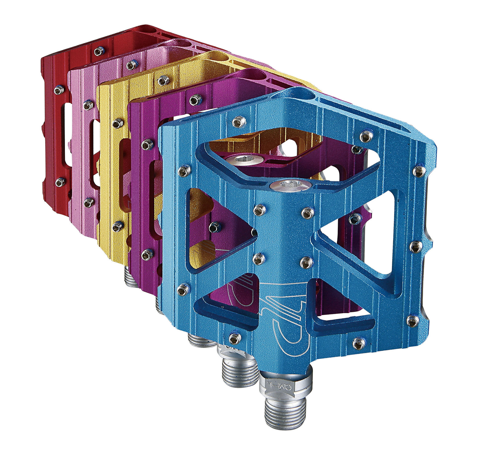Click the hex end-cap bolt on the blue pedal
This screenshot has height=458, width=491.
click(x=289, y=185)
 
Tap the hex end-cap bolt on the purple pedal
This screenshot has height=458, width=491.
click(x=245, y=160)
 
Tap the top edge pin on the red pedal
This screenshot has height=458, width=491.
click(x=98, y=51)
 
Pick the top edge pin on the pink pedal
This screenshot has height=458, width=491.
click(x=131, y=65)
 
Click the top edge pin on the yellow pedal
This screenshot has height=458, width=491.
click(x=163, y=81)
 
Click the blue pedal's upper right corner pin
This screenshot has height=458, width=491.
click(x=419, y=171)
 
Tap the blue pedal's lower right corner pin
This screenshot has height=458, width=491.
click(x=413, y=321)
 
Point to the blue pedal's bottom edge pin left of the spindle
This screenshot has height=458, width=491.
click(x=235, y=338)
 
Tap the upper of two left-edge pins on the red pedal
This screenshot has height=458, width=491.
click(x=59, y=90)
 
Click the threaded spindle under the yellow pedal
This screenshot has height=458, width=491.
click(x=132, y=277)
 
